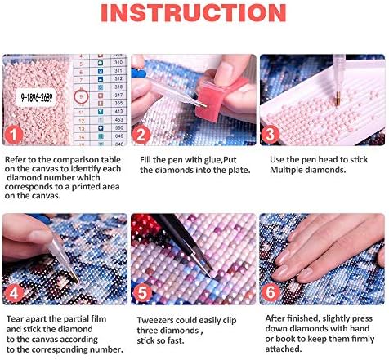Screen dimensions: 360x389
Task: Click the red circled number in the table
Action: click(79, 95)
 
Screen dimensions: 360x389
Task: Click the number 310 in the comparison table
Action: click(118, 62)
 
